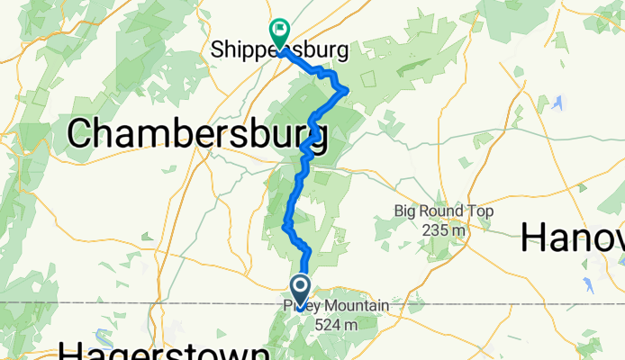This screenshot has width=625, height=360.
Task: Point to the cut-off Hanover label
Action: (x=573, y=239)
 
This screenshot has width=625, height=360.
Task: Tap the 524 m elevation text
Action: (x=335, y=324)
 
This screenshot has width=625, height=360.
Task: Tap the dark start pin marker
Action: (x=299, y=291)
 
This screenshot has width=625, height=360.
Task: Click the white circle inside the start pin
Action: (x=299, y=287)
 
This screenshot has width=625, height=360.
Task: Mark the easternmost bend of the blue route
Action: (x=347, y=88)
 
